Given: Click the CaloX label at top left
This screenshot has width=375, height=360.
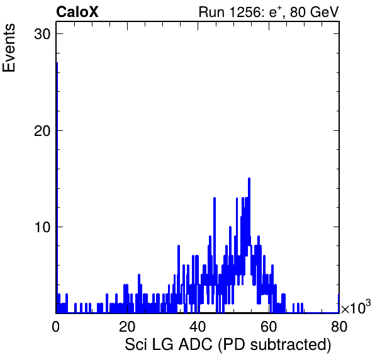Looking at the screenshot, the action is coord(77,12).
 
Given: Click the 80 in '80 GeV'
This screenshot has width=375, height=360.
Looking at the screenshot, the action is coord(298,12).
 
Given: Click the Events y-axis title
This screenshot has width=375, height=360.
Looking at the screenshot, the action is coord(9,48).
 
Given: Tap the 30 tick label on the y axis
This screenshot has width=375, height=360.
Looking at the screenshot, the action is coord(42,34).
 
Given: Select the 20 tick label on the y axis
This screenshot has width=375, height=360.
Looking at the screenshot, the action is coord(42,131).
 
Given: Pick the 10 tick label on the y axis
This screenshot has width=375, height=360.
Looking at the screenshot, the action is coord(42,227).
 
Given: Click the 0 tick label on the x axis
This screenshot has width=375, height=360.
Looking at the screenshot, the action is coord(56,326).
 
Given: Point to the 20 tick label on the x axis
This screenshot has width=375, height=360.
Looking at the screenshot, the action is coord(126,326).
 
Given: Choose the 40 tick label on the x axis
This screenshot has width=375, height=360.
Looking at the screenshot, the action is coord(198,326).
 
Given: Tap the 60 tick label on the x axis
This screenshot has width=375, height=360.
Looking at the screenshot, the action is coord(268,326).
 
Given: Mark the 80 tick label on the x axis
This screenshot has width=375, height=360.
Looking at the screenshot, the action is coord(339,326).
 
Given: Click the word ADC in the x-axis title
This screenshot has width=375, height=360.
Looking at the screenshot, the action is coord(196,344).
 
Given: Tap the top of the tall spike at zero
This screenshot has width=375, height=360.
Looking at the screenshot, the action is coord(57,63).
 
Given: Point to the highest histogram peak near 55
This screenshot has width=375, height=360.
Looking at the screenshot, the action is coord(249,179).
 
